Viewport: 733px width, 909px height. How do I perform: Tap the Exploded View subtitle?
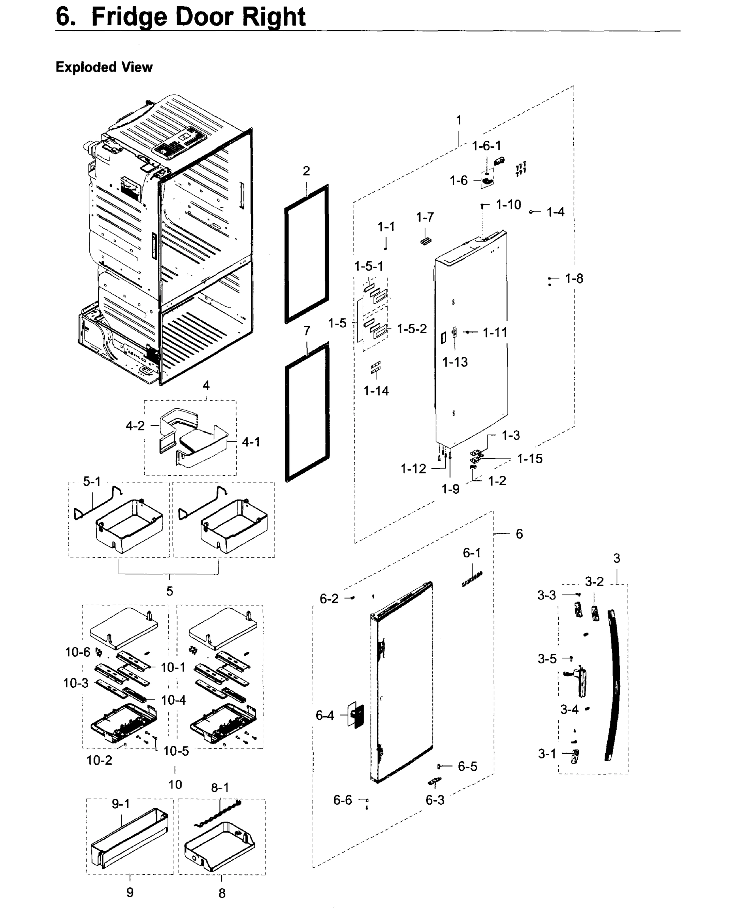104,67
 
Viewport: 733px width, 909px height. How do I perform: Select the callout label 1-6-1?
486,146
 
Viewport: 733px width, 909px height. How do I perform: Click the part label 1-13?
455,362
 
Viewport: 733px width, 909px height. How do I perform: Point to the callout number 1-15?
530,459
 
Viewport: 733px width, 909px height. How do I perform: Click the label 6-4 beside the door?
325,715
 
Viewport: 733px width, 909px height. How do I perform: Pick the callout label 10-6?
77,652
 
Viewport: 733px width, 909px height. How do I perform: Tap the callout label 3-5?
547,659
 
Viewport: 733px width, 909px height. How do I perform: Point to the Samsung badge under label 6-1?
472,579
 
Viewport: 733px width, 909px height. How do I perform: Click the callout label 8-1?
220,787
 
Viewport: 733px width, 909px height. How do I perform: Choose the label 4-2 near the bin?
135,426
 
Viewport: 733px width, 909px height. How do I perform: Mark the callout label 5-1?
92,481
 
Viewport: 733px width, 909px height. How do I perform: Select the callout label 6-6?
342,800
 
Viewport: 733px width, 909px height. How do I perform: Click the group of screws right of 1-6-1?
521,169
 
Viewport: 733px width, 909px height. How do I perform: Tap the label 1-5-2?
412,328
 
